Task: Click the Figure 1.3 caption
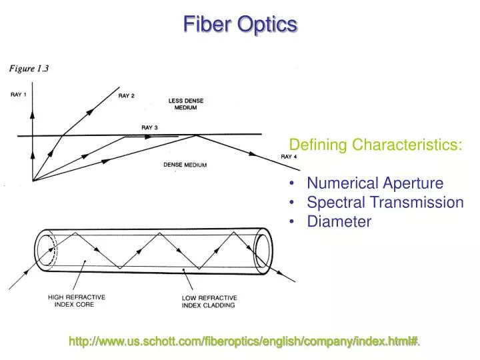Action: pos(29,68)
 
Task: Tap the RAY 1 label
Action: pos(19,95)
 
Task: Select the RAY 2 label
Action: pos(127,96)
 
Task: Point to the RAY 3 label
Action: pos(149,127)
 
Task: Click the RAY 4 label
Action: pos(289,156)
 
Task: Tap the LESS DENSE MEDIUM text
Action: pos(186,104)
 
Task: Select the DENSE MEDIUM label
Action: pos(185,165)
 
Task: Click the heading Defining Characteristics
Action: pos(375,145)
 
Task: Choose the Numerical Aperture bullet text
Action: pos(375,183)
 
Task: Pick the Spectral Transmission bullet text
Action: pos(385,203)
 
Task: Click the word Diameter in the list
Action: pos(339,222)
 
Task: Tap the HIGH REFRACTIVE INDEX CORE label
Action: pos(76,300)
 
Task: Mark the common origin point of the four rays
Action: pos(32,181)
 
